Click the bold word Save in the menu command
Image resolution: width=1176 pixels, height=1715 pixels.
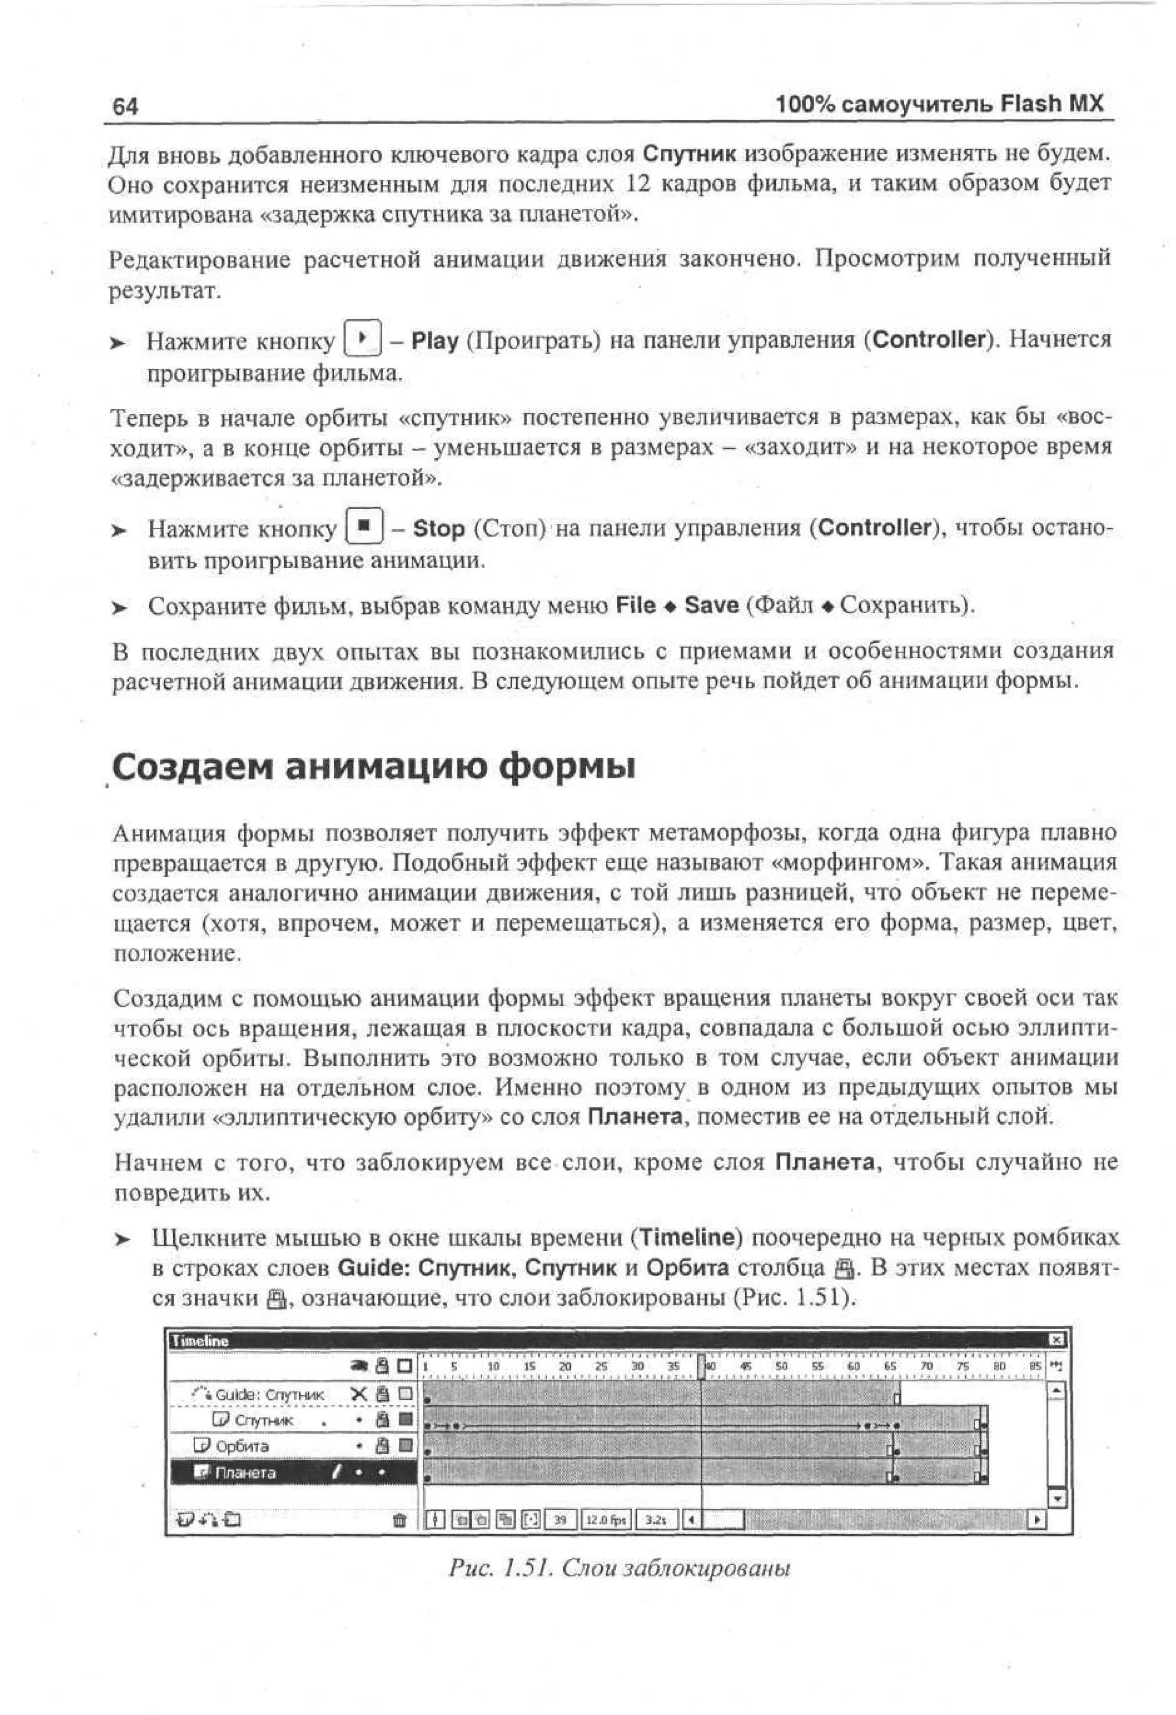(x=711, y=605)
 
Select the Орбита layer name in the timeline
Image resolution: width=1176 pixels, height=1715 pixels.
(x=242, y=1446)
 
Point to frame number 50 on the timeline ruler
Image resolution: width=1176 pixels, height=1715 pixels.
(x=781, y=1366)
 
